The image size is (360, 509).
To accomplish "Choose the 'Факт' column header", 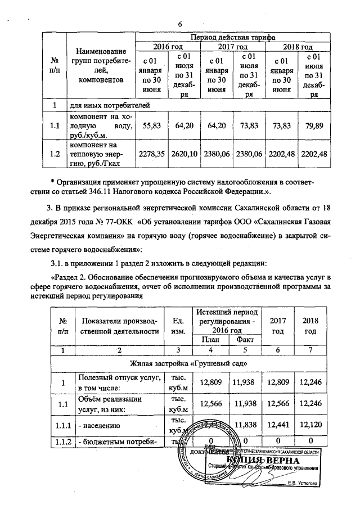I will coord(244,339).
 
